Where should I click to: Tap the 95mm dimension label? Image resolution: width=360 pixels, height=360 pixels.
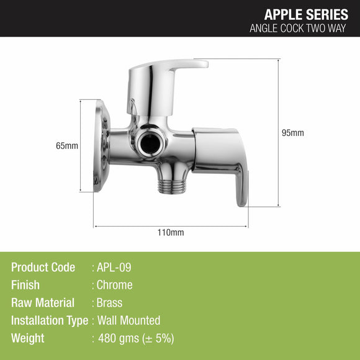pos(293,133)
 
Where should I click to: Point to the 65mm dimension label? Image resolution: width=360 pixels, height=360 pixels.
pos(67,146)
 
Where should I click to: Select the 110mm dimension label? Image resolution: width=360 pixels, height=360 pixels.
pos(171,233)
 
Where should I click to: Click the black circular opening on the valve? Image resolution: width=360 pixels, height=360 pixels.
pos(150,142)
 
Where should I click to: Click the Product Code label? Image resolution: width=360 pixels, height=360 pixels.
pos(43,268)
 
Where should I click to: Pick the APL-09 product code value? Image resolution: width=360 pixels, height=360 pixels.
pos(114,268)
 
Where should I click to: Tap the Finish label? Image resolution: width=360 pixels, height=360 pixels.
pos(25,285)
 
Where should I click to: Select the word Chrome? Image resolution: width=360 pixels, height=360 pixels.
pos(114,285)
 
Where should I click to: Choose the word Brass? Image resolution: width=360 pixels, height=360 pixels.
pos(109,303)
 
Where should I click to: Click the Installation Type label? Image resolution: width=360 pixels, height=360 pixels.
pos(49,321)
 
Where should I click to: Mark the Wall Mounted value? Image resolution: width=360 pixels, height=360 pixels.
pos(128,321)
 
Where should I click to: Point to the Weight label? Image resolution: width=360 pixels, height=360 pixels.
pos(28,338)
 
